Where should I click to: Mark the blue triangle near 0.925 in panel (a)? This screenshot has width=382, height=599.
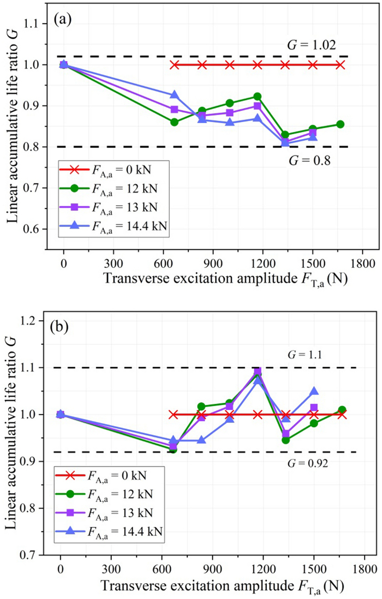pyautogui.click(x=174, y=95)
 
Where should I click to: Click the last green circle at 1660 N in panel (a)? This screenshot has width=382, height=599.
pyautogui.click(x=340, y=124)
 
